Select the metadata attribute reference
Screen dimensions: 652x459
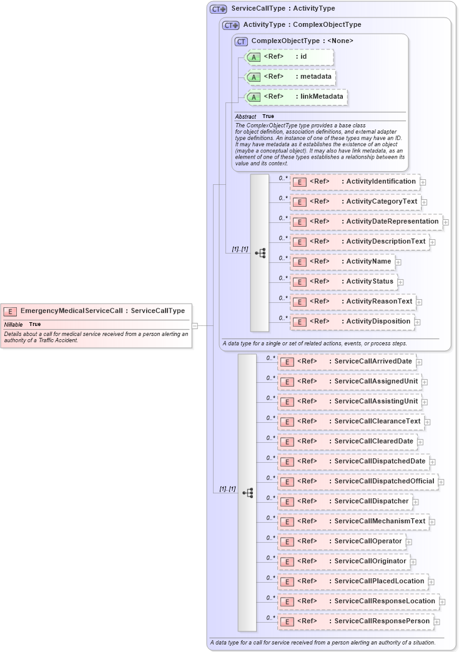(x=290, y=77)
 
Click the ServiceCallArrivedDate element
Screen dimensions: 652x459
(x=346, y=362)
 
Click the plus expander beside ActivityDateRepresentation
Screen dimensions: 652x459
(x=446, y=222)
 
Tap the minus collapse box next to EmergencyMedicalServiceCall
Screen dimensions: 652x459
(x=195, y=325)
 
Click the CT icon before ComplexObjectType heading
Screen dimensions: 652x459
(x=241, y=41)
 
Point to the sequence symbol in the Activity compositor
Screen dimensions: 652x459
(x=260, y=253)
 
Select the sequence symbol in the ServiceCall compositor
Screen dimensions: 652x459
(x=247, y=493)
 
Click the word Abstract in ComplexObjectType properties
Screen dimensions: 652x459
(x=245, y=117)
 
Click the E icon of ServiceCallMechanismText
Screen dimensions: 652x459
(x=287, y=521)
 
